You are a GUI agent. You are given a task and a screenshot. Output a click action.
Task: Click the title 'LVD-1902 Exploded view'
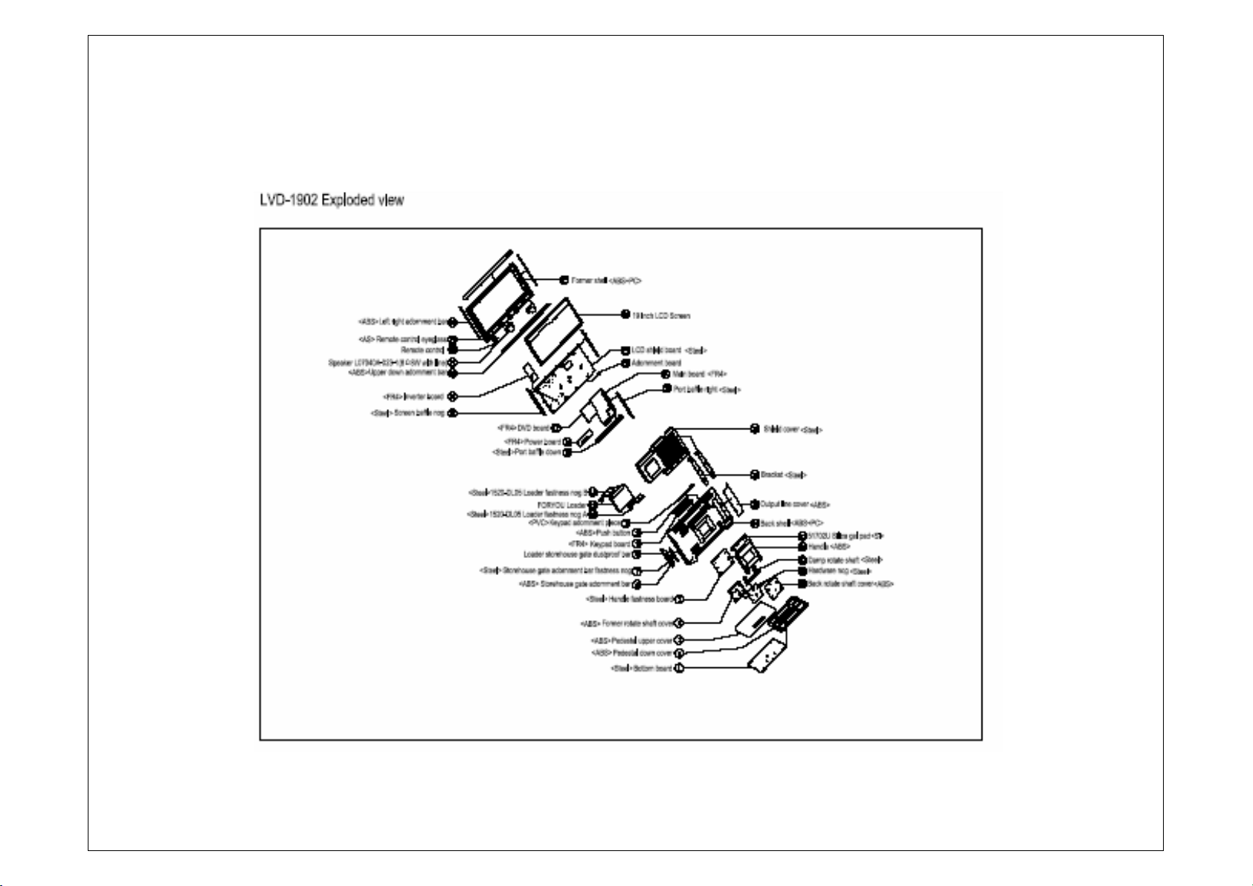[332, 201]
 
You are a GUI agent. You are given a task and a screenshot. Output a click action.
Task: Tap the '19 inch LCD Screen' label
[661, 315]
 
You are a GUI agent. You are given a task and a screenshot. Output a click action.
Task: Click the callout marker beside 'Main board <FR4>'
[666, 374]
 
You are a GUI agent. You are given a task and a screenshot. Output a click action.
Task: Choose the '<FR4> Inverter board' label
[414, 397]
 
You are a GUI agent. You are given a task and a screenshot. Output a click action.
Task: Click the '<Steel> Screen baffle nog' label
[408, 413]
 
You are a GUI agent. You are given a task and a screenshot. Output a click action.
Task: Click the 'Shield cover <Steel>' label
[793, 429]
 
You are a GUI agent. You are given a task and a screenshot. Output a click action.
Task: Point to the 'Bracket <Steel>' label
[784, 475]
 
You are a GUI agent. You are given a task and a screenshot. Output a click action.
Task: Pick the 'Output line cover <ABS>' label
[794, 504]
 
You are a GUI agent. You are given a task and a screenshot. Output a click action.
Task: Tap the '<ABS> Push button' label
[603, 533]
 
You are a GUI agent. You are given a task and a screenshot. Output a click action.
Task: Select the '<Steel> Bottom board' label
[641, 668]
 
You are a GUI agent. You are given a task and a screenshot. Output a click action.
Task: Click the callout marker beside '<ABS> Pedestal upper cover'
[679, 640]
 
